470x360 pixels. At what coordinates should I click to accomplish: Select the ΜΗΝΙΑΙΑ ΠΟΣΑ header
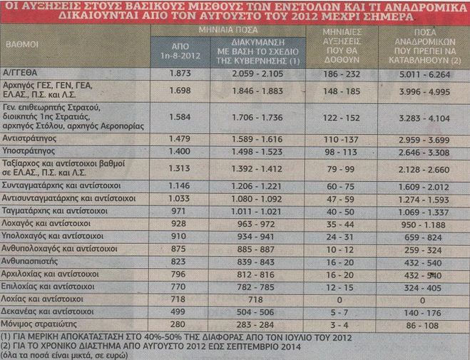point(228,30)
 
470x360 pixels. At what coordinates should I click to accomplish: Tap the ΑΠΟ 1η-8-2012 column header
point(180,51)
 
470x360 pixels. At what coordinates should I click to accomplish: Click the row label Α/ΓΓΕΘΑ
point(19,73)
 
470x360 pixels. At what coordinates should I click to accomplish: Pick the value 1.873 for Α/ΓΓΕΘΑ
point(180,73)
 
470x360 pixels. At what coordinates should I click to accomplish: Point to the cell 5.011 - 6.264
point(424,74)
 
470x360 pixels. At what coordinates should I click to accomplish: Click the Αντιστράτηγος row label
point(29,139)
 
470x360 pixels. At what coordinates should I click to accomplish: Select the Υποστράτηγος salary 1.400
point(179,152)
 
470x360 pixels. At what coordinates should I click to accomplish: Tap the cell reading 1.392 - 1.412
point(257,169)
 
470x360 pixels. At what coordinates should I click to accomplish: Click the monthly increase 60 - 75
point(341,187)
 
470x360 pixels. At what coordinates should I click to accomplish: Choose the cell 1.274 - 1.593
point(424,200)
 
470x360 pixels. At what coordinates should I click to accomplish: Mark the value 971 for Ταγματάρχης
point(178,211)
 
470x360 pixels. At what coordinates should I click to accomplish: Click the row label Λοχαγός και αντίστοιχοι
point(46,224)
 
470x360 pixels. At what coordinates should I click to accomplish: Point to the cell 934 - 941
point(255,237)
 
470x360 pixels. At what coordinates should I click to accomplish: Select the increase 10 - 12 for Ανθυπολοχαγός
point(340,250)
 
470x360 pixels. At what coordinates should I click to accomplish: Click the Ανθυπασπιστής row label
point(29,262)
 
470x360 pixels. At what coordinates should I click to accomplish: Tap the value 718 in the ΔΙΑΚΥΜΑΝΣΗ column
point(255,299)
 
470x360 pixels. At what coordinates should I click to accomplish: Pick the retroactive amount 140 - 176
point(423,313)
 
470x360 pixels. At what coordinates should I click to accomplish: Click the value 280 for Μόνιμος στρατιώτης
point(178,324)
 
